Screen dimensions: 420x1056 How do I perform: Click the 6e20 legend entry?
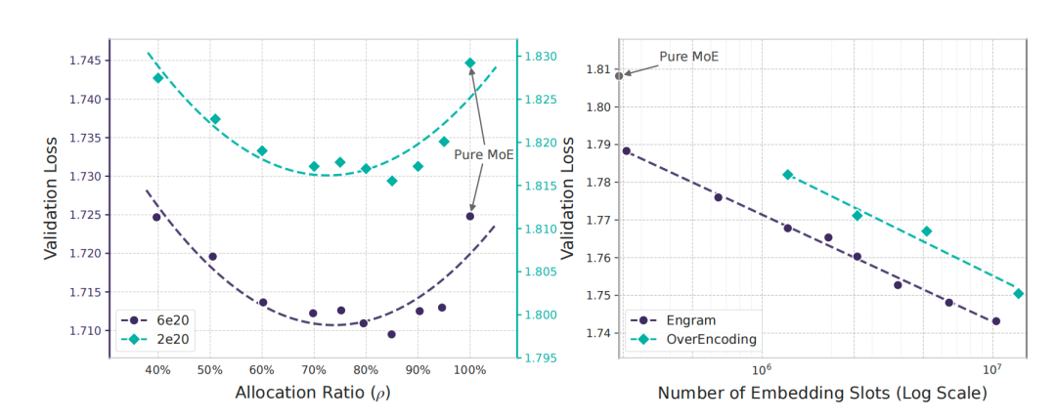(x=161, y=319)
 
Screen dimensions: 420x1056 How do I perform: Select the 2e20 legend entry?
(x=161, y=339)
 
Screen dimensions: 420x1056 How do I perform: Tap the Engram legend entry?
(x=682, y=319)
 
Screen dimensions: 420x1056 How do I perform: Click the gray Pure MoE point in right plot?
(x=619, y=75)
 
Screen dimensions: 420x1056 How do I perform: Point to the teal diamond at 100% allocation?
(x=470, y=63)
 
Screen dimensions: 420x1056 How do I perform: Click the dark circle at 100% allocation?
(x=470, y=216)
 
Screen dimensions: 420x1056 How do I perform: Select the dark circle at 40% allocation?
(x=156, y=217)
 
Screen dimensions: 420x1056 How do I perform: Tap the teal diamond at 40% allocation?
(x=157, y=78)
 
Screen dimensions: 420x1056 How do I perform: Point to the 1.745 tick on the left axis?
(x=85, y=61)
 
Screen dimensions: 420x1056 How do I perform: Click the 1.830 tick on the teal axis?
(x=540, y=57)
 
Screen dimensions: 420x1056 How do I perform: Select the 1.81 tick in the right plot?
(x=596, y=70)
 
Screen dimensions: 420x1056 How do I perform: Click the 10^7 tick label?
(x=992, y=370)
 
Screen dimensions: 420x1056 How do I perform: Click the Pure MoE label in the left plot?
(x=484, y=154)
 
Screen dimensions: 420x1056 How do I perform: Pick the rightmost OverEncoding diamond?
(x=1018, y=293)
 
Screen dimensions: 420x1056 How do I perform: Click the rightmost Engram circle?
(x=995, y=320)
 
